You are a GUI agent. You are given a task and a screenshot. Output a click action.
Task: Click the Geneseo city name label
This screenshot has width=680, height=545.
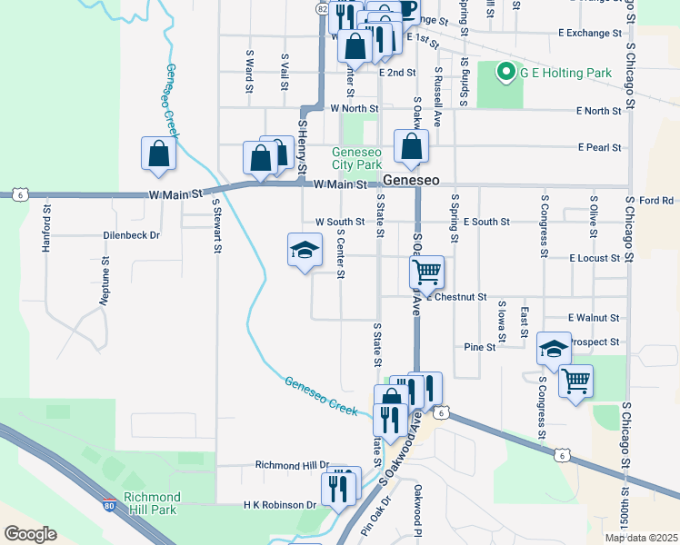(x=411, y=181)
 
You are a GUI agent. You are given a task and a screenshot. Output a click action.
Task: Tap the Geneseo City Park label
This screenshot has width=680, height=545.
(x=356, y=159)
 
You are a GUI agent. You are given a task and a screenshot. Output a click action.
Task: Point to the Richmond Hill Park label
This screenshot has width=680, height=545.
(x=152, y=502)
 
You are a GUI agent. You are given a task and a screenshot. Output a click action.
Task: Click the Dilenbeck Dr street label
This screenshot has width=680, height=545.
(x=131, y=234)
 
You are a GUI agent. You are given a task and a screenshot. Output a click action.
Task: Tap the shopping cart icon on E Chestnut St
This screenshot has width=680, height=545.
(x=426, y=272)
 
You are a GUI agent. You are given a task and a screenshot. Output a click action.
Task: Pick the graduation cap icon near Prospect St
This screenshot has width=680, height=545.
(x=553, y=348)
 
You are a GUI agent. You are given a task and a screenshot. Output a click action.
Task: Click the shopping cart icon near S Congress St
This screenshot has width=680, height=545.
(x=575, y=381)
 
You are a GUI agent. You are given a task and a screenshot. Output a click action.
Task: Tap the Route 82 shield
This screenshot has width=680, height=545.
(x=324, y=7)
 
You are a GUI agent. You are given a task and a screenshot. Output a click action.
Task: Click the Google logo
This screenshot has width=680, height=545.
(x=30, y=534)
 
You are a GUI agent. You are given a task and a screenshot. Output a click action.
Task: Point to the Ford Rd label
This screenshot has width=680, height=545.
(x=655, y=200)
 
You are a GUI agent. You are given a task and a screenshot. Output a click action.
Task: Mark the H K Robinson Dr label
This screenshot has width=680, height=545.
(x=279, y=504)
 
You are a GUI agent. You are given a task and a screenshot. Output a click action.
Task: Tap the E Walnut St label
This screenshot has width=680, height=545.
(x=593, y=318)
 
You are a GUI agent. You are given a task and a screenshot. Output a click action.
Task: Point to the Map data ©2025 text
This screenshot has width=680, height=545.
(x=641, y=538)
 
